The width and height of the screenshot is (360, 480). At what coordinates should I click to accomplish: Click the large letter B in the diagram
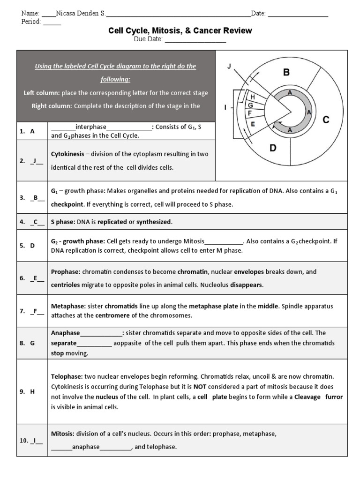(286, 72)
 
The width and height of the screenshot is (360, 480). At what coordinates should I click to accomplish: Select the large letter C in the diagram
(326, 120)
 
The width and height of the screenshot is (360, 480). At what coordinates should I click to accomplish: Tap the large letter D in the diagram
(273, 149)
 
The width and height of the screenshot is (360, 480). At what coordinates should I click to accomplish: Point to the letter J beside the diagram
(229, 67)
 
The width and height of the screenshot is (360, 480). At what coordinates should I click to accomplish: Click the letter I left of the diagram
(225, 108)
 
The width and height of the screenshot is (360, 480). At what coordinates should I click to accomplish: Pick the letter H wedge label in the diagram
(253, 97)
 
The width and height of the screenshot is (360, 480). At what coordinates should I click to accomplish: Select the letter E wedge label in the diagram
(253, 124)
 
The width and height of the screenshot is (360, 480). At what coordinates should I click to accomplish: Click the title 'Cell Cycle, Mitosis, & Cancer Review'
(180, 31)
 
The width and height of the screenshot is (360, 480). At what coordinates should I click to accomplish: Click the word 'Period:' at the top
(31, 22)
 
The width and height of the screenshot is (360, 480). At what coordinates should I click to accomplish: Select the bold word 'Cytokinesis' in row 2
(67, 154)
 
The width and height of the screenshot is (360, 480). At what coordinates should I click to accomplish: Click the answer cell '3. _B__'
(32, 198)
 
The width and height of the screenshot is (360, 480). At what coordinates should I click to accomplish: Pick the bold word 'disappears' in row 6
(247, 285)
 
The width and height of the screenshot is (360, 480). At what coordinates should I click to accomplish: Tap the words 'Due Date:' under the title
(148, 40)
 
